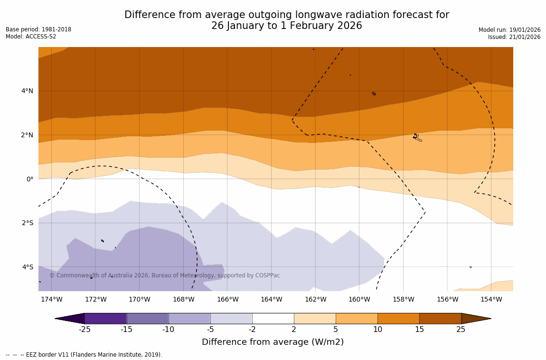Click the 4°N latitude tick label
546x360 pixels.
tap(27, 91)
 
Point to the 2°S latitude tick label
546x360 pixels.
tap(27, 223)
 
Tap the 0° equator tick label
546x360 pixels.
tap(30, 179)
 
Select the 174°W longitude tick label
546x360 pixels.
tap(51, 299)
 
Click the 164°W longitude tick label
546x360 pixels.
tap(271, 299)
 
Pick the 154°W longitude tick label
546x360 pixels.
tap(491, 299)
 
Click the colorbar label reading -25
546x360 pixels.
tap(85, 330)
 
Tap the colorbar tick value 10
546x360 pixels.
tap(377, 330)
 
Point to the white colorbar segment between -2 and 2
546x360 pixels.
tap(273, 318)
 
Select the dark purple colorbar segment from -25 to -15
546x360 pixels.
tap(105, 318)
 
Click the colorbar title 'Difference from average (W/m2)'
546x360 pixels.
tap(273, 342)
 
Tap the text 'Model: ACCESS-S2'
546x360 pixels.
tap(31, 37)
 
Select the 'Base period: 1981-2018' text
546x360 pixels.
tap(38, 29)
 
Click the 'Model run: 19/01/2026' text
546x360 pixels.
tap(509, 30)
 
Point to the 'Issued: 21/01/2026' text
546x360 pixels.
tap(514, 37)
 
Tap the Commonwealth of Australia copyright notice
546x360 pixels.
tap(165, 275)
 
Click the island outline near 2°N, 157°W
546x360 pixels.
tap(416, 137)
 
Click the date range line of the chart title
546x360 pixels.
tap(286, 26)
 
